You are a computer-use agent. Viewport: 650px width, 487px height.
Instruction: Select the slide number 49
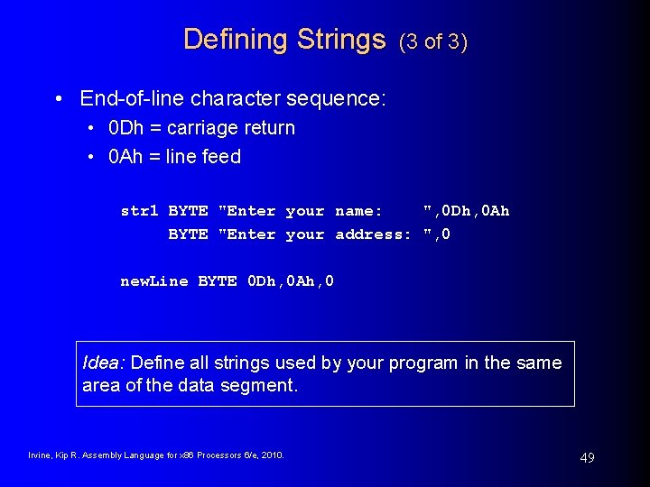(587, 458)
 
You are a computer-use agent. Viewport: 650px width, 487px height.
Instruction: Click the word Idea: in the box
(105, 363)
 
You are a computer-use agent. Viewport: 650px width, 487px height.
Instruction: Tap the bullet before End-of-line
(59, 98)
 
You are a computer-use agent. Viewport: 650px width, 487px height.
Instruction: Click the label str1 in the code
(139, 211)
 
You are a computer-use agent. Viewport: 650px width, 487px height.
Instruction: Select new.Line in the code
(154, 281)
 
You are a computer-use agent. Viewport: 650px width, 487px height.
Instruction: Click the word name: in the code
(358, 211)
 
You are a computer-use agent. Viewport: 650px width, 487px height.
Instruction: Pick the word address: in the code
(373, 234)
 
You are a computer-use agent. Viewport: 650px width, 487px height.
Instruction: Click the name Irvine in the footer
(40, 455)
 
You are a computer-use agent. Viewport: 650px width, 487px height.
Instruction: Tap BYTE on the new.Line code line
(218, 281)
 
